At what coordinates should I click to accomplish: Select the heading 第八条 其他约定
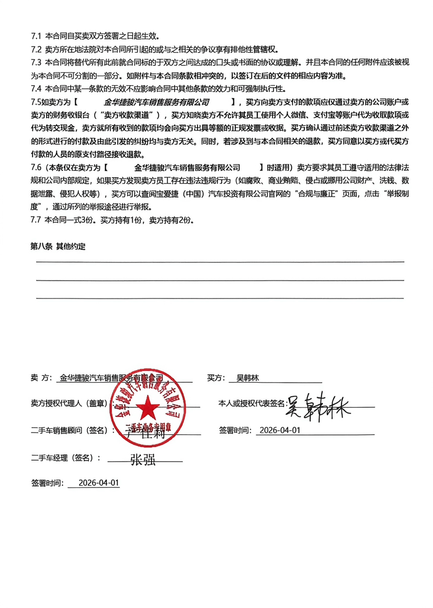pos(58,246)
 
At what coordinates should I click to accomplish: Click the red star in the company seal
pos(148,406)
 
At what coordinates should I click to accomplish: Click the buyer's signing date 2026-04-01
pos(280,430)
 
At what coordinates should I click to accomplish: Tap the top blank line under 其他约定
pos(220,261)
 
